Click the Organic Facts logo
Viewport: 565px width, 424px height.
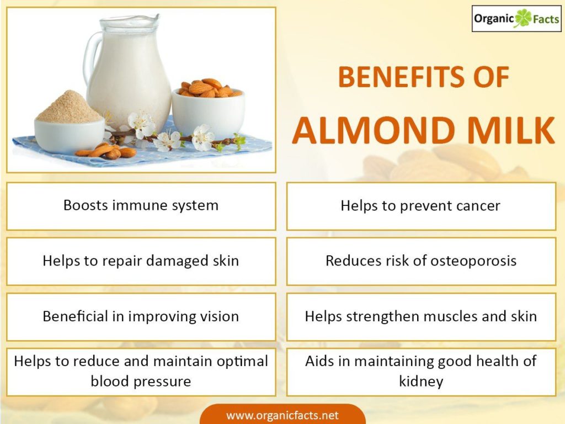click(516, 18)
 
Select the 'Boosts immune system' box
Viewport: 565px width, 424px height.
click(141, 206)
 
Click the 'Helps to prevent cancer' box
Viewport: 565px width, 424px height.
click(421, 206)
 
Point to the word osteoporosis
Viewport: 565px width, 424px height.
click(473, 261)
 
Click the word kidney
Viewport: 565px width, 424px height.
click(421, 381)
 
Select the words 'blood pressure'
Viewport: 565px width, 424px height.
click(141, 381)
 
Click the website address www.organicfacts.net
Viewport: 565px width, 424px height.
click(282, 415)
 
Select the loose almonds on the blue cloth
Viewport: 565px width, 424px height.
click(106, 151)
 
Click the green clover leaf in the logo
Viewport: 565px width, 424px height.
click(523, 18)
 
